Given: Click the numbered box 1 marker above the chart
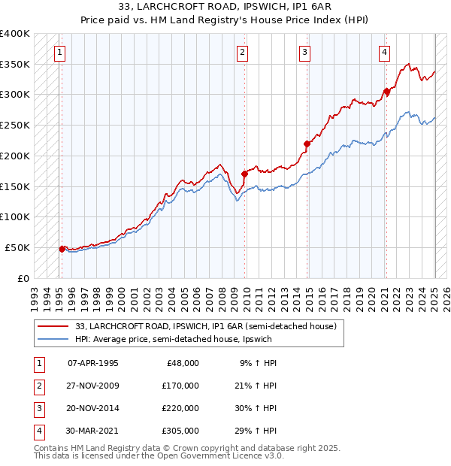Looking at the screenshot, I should pyautogui.click(x=59, y=53).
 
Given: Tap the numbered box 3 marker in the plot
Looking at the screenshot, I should pyautogui.click(x=304, y=53).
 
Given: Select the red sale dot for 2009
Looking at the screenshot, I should pyautogui.click(x=244, y=174).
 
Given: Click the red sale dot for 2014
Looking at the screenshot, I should pyautogui.click(x=307, y=144).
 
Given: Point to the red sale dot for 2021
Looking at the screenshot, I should pyautogui.click(x=386, y=92).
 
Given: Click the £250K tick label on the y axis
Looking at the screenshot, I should pyautogui.click(x=14, y=125).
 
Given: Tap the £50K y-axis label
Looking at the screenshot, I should pyautogui.click(x=17, y=247).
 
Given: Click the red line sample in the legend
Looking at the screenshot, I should pyautogui.click(x=54, y=326).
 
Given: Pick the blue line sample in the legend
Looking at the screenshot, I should pyautogui.click(x=54, y=339).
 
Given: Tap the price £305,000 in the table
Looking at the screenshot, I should pyautogui.click(x=180, y=431).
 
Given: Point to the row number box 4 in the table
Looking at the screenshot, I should pyautogui.click(x=38, y=431).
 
